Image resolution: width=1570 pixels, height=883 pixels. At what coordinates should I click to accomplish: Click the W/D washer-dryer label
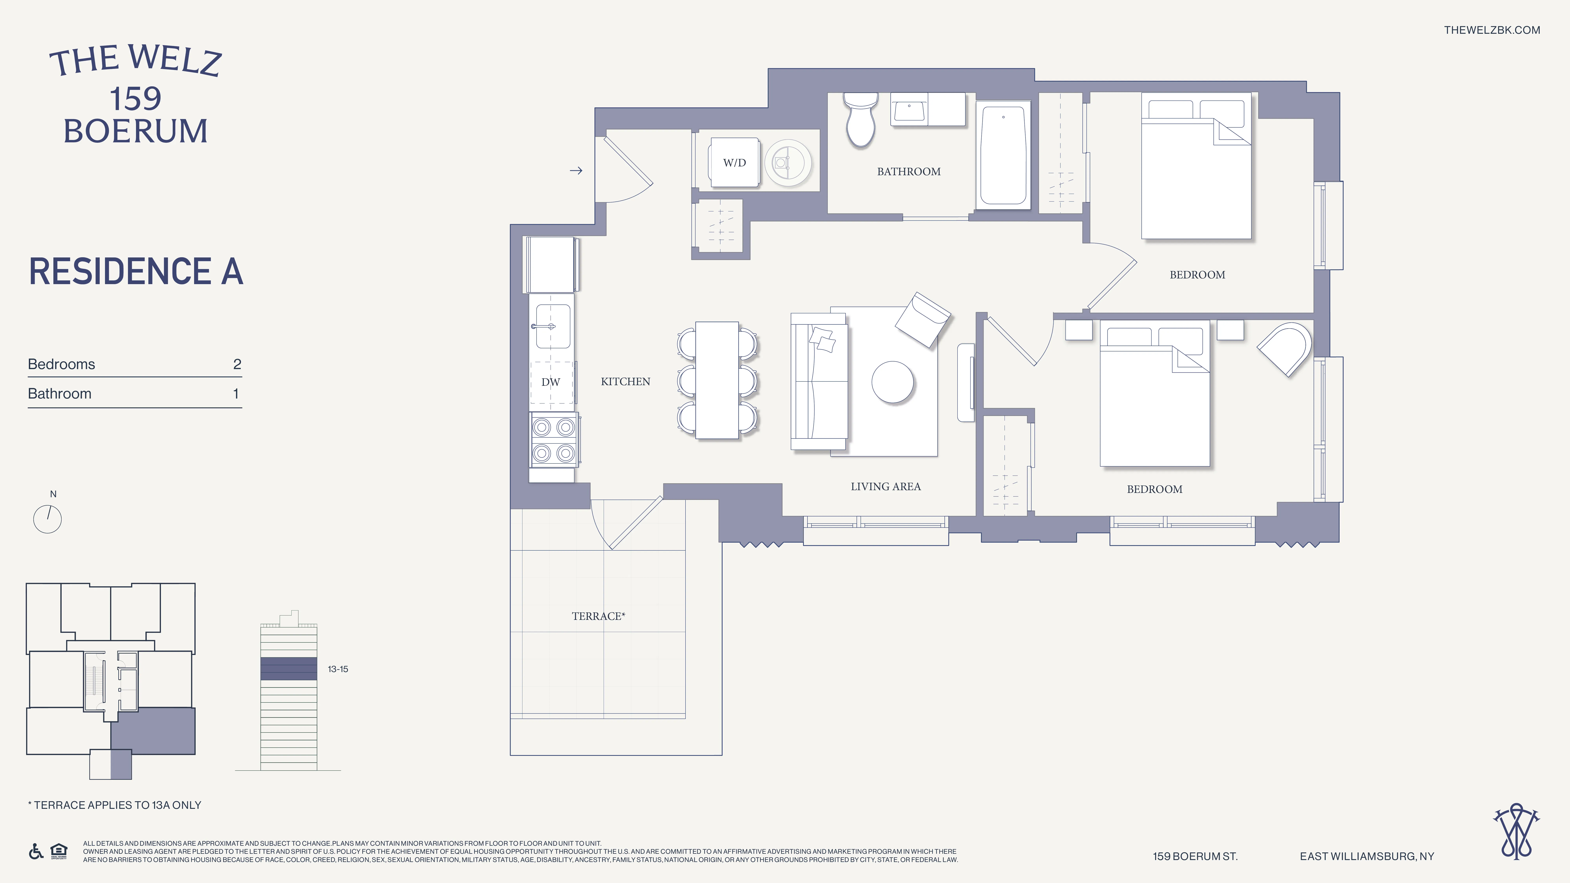click(734, 163)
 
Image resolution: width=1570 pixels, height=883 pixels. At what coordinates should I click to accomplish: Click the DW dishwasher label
click(550, 382)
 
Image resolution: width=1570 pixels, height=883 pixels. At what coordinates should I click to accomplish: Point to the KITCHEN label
click(625, 381)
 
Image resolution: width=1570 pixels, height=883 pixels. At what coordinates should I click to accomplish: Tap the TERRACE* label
click(598, 616)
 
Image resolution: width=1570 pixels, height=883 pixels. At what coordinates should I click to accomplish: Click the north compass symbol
click(47, 519)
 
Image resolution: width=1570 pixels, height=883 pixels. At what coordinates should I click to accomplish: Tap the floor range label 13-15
click(338, 669)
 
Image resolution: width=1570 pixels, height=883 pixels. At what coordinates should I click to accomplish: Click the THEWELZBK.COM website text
click(1491, 30)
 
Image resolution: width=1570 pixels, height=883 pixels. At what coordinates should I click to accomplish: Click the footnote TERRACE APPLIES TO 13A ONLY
click(115, 805)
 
